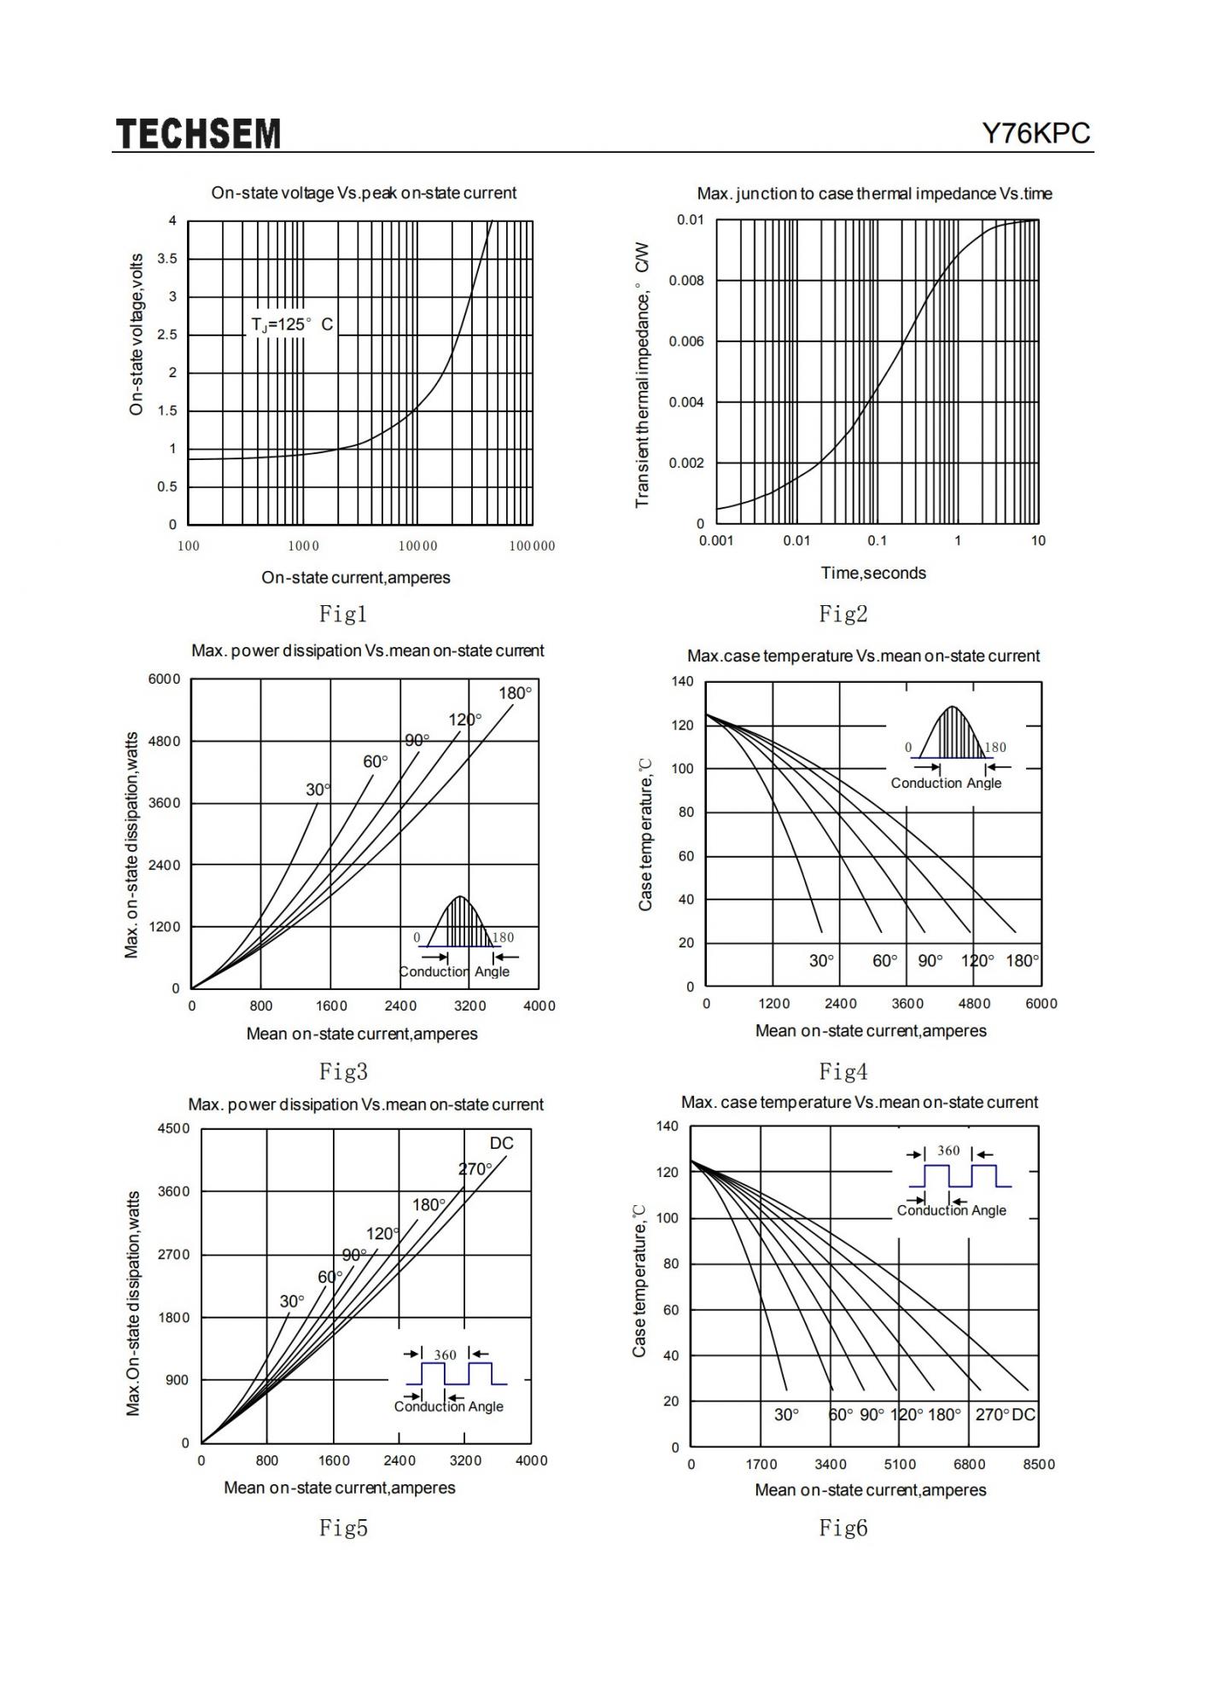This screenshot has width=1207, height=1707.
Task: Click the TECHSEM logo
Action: (198, 134)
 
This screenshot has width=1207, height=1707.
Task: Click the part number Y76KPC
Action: (1036, 134)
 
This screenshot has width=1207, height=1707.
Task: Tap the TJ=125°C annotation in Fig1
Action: (292, 325)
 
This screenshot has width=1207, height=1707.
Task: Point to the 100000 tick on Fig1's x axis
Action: (532, 546)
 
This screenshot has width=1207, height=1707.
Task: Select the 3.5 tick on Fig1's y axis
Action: (167, 259)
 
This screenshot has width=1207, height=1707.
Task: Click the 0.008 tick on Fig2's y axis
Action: (686, 281)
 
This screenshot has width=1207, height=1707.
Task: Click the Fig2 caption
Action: (843, 614)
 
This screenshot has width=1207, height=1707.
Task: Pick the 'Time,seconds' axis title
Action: (873, 574)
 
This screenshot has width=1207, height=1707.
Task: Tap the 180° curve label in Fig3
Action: (515, 693)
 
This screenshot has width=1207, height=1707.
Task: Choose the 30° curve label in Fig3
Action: (318, 790)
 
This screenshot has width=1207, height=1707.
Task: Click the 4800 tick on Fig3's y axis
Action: (165, 741)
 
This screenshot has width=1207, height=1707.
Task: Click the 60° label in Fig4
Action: (885, 961)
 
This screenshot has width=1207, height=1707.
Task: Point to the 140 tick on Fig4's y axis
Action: (683, 682)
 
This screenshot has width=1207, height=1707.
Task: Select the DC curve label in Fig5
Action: (502, 1144)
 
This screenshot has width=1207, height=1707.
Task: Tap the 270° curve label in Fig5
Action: (475, 1169)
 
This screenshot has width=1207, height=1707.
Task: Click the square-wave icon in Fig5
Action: (456, 1373)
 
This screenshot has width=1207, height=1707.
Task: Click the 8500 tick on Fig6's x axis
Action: (1038, 1465)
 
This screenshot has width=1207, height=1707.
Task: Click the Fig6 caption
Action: (843, 1528)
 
